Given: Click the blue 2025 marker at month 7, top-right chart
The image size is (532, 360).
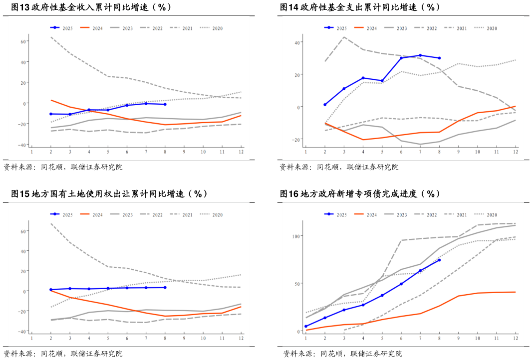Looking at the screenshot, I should click(x=420, y=55).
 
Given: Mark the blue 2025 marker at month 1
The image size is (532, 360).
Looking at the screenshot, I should click(x=306, y=326).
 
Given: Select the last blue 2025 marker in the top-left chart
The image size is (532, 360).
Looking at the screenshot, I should click(x=165, y=104).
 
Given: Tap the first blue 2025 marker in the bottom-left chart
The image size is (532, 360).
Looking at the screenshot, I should click(x=51, y=290).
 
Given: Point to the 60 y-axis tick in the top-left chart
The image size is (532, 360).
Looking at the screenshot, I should click(x=23, y=41).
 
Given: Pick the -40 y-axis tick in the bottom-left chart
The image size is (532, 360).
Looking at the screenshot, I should click(x=22, y=331).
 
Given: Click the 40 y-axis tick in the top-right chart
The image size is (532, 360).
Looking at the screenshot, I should click(x=296, y=42).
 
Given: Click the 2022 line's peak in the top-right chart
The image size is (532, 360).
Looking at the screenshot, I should click(x=344, y=37).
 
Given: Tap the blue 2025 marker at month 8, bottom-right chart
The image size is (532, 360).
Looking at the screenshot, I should click(x=439, y=260).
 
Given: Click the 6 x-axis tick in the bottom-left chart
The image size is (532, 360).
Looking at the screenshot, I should click(x=127, y=338).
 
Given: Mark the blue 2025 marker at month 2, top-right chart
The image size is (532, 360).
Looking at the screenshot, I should click(x=325, y=105).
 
